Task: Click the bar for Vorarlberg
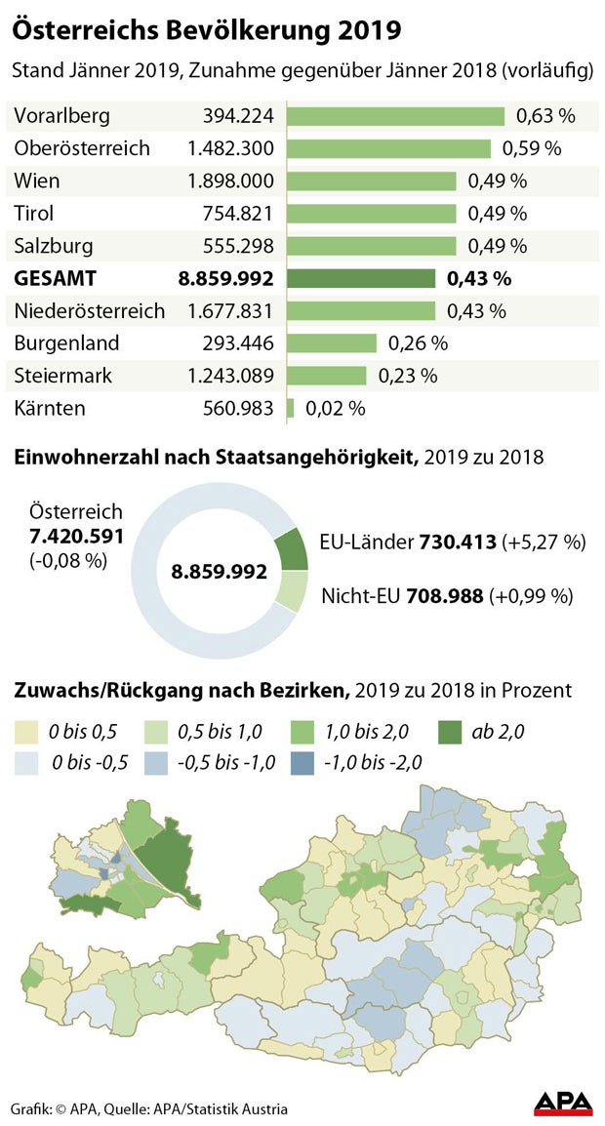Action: tap(395, 117)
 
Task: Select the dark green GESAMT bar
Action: tap(361, 279)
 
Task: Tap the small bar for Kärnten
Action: tap(290, 408)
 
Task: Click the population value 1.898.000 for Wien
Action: tap(230, 181)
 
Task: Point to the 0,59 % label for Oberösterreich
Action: tap(532, 149)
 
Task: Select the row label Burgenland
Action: tap(66, 343)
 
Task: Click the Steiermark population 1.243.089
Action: tap(230, 376)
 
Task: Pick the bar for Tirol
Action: tap(371, 214)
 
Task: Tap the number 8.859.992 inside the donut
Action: tap(220, 572)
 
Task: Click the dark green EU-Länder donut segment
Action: tap(292, 550)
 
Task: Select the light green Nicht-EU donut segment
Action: tap(292, 591)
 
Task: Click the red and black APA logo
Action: tap(563, 1103)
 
